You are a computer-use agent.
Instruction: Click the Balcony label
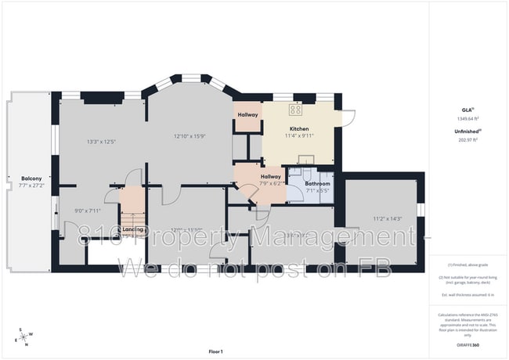point(31,179)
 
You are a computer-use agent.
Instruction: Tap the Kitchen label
point(298,129)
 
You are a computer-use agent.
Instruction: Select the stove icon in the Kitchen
point(297,110)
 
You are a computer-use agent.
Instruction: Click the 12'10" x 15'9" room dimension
point(190,137)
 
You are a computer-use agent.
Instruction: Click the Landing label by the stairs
point(132,229)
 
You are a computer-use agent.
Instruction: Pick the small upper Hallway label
point(247,116)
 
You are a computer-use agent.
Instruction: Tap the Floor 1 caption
point(215,351)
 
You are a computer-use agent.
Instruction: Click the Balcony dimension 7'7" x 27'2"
point(31,187)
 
